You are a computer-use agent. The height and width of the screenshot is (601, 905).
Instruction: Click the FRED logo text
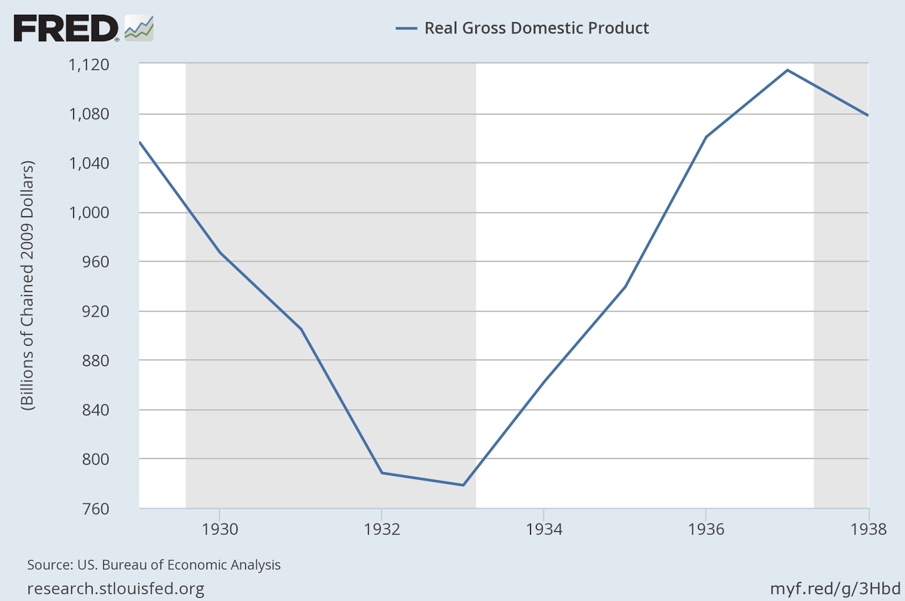(66, 28)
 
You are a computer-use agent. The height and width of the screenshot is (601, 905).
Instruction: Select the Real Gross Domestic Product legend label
(536, 28)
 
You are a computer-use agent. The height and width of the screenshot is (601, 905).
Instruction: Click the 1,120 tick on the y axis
(89, 65)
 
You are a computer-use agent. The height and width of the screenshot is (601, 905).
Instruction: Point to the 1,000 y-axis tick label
(89, 213)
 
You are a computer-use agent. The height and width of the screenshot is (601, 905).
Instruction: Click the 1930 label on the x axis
(220, 529)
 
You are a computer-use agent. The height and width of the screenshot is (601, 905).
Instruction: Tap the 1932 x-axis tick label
(382, 529)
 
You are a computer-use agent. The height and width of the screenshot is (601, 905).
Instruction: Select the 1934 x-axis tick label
(544, 529)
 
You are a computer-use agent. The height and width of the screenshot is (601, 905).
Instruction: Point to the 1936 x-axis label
(706, 529)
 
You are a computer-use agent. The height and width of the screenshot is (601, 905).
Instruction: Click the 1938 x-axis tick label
(868, 529)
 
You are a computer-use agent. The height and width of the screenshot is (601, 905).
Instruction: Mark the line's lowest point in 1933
(463, 485)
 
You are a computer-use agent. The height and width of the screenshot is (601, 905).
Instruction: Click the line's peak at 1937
(787, 70)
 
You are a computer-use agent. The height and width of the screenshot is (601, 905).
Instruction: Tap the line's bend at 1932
(382, 473)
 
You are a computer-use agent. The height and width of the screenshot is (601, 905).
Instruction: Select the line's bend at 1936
(706, 137)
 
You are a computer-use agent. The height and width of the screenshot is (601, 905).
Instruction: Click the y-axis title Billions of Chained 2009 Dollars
(28, 286)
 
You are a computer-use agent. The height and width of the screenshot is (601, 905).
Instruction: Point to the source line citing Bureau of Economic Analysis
(154, 565)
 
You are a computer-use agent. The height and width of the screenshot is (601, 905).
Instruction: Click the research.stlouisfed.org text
(116, 589)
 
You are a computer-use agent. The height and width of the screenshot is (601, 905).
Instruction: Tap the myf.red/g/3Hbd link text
(835, 589)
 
